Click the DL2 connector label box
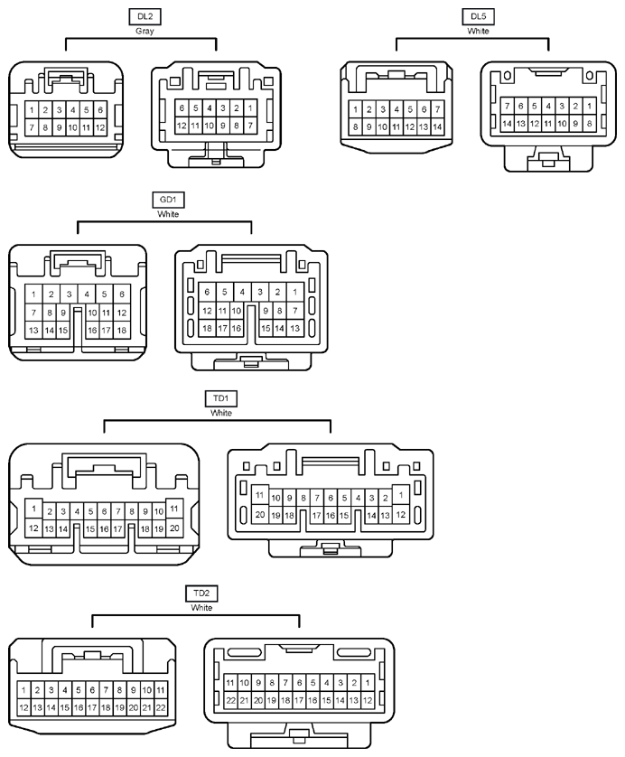click(145, 17)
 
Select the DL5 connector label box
click(478, 17)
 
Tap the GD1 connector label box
click(168, 200)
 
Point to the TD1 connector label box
click(221, 398)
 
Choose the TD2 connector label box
click(201, 593)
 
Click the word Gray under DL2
click(145, 32)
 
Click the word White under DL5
click(478, 31)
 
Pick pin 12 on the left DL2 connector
click(100, 128)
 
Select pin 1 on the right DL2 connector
click(250, 108)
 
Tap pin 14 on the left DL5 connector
click(437, 127)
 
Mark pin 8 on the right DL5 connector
click(589, 124)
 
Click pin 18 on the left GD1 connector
click(122, 331)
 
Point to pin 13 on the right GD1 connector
click(294, 329)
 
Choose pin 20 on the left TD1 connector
click(174, 528)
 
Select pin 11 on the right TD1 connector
click(259, 495)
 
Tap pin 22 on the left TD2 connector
click(161, 708)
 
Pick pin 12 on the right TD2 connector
click(368, 700)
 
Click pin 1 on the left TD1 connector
click(33, 509)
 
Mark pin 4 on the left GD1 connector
click(87, 294)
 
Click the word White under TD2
click(201, 608)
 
